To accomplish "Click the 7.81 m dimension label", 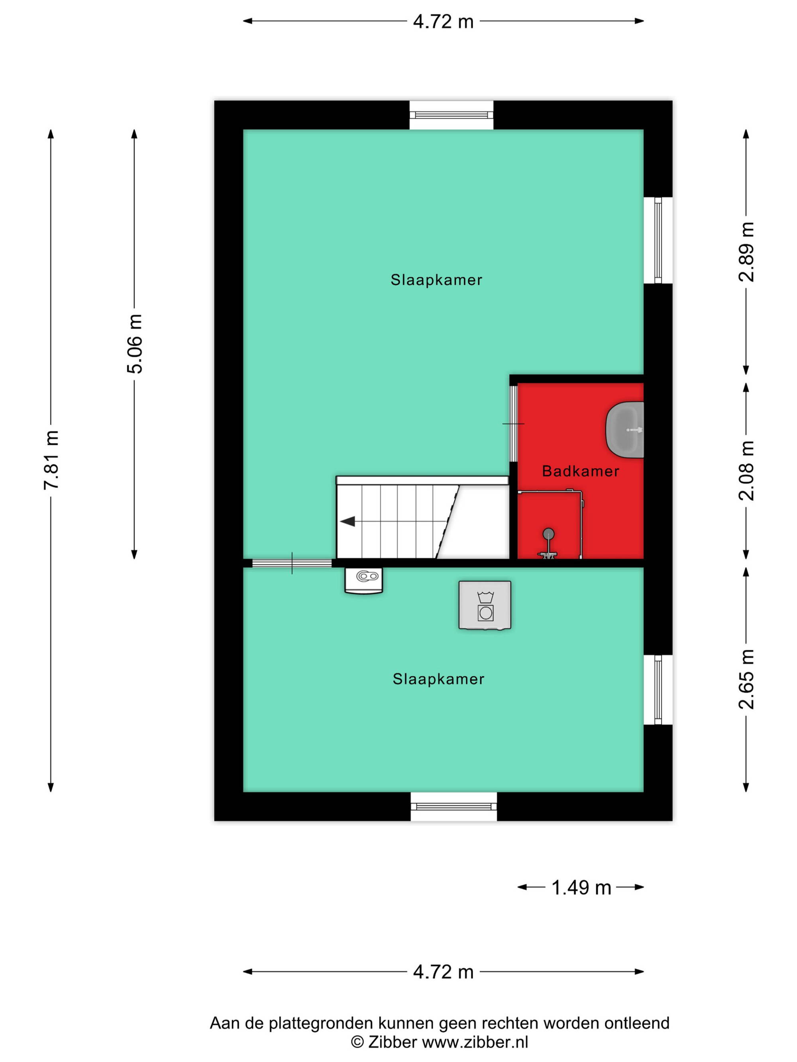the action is point(51,460).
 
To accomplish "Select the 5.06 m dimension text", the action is point(134,344).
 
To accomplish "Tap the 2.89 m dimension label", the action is point(746,252).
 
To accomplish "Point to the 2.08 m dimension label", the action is point(746,471).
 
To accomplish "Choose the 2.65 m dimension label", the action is point(746,679).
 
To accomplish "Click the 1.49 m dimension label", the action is point(581,888).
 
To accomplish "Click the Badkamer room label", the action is point(580,471).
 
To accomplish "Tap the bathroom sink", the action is point(624,430).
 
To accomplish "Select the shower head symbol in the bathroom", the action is point(548,544).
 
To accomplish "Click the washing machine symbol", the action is point(485,605).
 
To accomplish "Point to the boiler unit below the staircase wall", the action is point(364,581).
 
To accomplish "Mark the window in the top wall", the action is point(451,115).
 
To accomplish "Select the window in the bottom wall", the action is point(453,807).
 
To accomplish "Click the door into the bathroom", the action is point(514,423).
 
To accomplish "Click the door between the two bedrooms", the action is point(292,563).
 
